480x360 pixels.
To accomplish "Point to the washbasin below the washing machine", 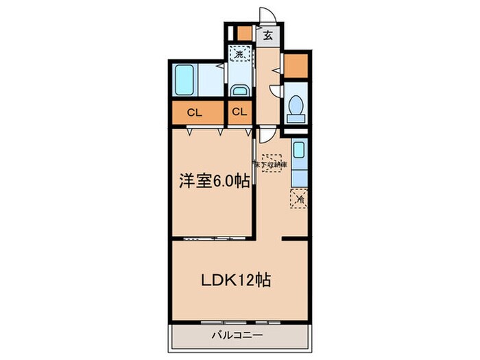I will (x=239, y=90).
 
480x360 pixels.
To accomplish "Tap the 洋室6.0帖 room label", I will (x=213, y=182).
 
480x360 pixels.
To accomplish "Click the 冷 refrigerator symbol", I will (x=299, y=198).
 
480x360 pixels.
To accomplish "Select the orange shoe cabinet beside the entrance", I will (x=243, y=33).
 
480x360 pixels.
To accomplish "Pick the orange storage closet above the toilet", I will (x=296, y=65).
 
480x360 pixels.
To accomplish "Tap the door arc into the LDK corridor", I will (x=264, y=136).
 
